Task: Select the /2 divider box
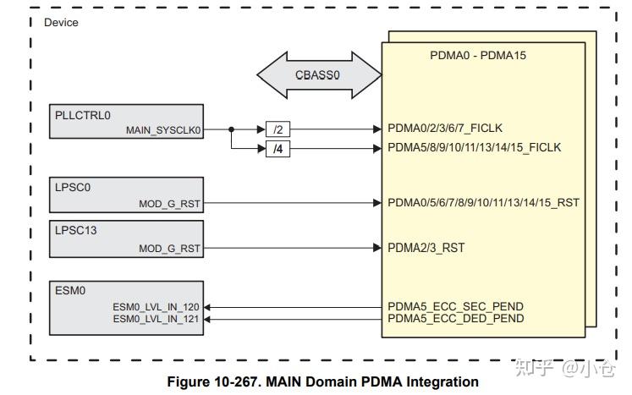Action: tap(278, 129)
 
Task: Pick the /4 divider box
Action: tap(278, 149)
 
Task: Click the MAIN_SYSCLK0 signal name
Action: tap(163, 130)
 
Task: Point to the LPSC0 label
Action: tap(73, 187)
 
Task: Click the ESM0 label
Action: tap(70, 290)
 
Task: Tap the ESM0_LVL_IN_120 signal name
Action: tap(157, 307)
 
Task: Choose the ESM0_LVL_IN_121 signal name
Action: tap(157, 318)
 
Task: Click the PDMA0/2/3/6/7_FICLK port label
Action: tap(445, 129)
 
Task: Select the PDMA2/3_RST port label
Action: tap(426, 248)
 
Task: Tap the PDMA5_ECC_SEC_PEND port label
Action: tap(455, 306)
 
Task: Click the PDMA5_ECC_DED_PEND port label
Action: tap(455, 318)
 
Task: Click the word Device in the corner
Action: tap(60, 23)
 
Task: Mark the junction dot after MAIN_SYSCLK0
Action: tap(231, 129)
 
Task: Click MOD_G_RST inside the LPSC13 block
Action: tap(170, 249)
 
